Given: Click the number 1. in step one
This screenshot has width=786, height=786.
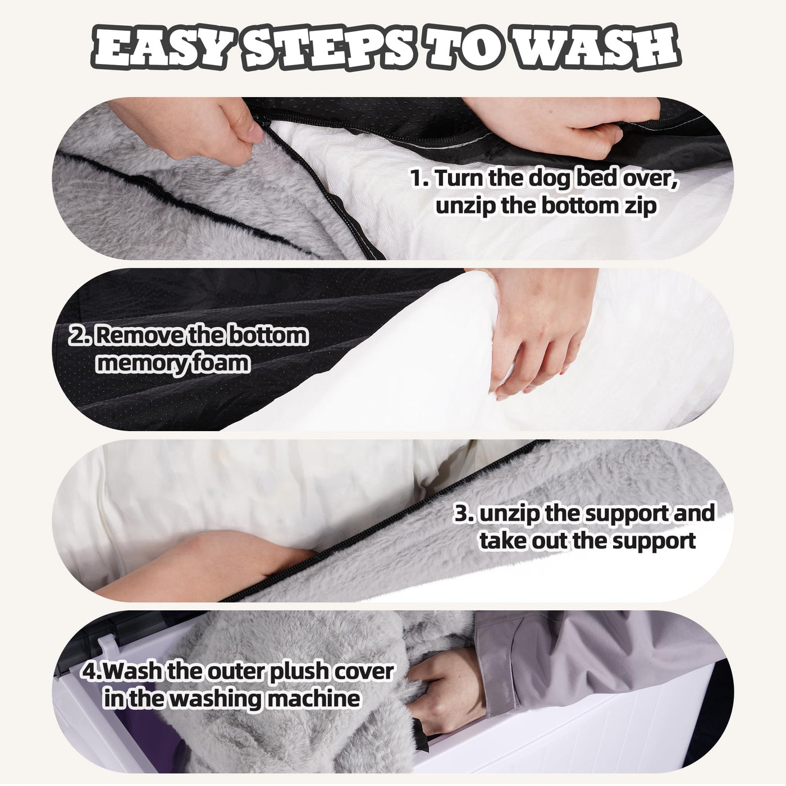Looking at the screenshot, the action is pos(419,178).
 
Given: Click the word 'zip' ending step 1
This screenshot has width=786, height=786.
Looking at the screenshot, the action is pos(640,206).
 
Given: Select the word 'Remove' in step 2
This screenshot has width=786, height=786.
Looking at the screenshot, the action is pos(136,336).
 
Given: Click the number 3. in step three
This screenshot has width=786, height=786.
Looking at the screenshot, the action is pos(465,513).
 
